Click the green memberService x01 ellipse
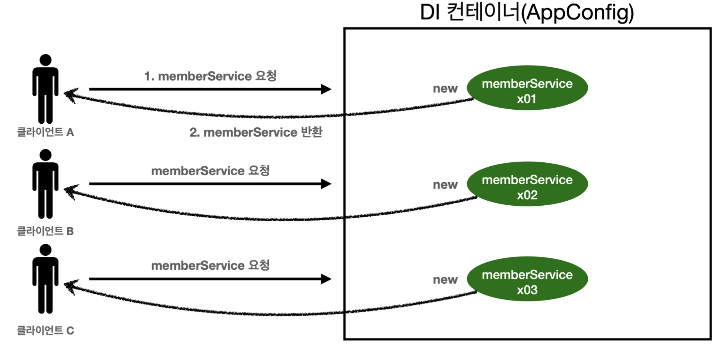pos(527,88)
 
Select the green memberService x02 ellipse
pos(527,184)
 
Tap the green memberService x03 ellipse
pos(527,279)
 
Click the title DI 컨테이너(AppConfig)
pos(527,12)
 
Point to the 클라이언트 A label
pos(45,132)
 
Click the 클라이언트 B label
pos(45,231)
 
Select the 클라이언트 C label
pos(45,331)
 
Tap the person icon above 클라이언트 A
pos(45,89)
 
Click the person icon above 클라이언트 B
pos(45,184)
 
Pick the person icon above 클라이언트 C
pos(45,279)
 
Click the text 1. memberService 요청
pos(210,76)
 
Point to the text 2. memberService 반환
pos(256,132)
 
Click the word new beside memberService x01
pos(445,89)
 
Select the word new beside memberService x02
pos(445,185)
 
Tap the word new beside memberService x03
pos(445,279)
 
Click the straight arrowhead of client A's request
pos(326,89)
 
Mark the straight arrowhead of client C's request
pos(326,279)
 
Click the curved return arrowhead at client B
pos(70,192)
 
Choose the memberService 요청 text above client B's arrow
pos(210,171)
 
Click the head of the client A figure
pos(45,60)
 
